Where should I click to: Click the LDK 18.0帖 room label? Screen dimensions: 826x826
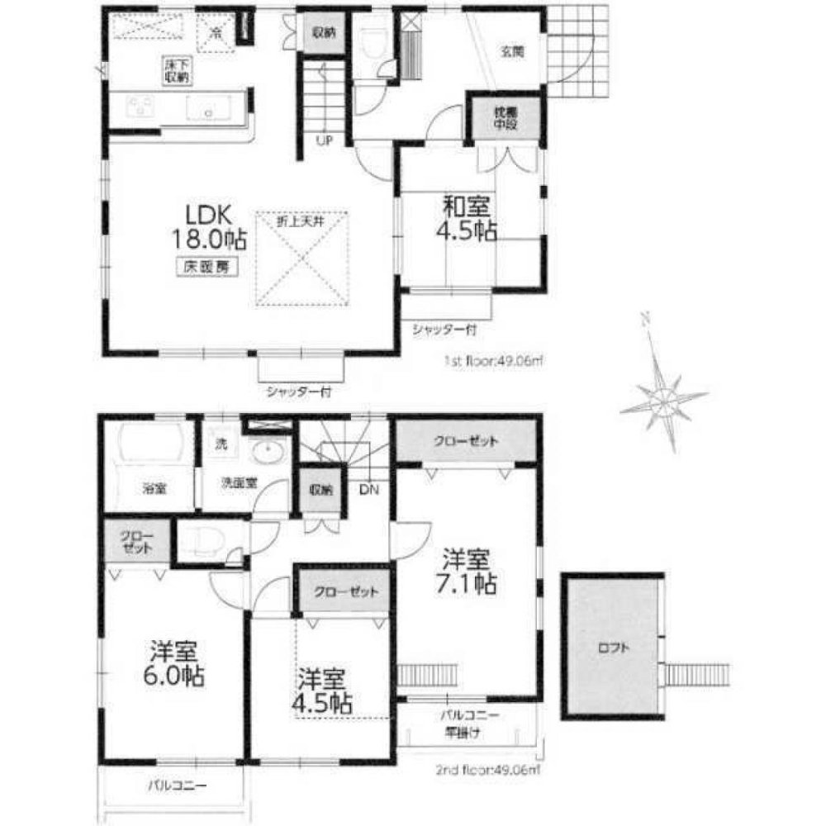coord(213,228)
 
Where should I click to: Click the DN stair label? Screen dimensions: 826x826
coord(368,490)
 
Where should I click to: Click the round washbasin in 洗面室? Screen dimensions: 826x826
coord(268,453)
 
